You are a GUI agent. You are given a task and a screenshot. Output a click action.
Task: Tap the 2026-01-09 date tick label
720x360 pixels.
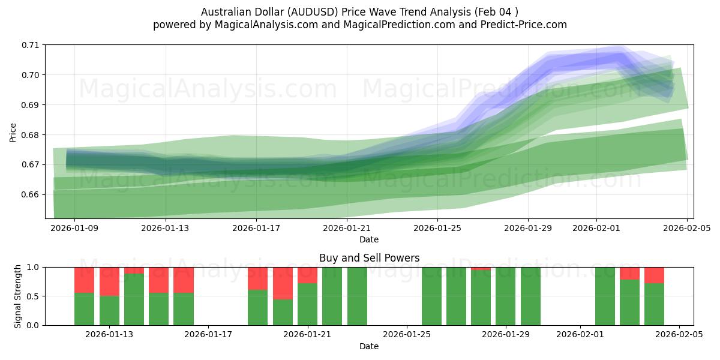[74, 228]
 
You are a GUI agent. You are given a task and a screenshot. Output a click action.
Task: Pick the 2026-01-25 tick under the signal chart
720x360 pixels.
[407, 335]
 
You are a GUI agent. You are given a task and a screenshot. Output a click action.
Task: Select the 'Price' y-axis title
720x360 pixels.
[13, 131]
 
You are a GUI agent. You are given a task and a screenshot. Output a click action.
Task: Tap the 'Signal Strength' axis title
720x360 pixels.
[18, 296]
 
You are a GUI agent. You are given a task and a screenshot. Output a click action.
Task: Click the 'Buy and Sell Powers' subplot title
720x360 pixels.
[369, 258]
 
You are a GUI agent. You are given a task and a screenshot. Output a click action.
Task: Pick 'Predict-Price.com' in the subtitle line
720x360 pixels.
[521, 25]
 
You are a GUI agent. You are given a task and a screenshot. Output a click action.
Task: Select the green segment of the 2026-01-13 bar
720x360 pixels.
[109, 311]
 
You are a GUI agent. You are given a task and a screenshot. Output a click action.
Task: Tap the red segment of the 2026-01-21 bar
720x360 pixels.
[307, 275]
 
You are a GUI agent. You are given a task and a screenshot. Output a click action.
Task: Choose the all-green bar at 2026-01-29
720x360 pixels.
[505, 296]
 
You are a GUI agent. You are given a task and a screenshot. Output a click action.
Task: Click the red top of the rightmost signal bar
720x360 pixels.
[654, 275]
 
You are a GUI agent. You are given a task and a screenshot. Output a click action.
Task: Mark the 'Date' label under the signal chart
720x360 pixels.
[369, 346]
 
